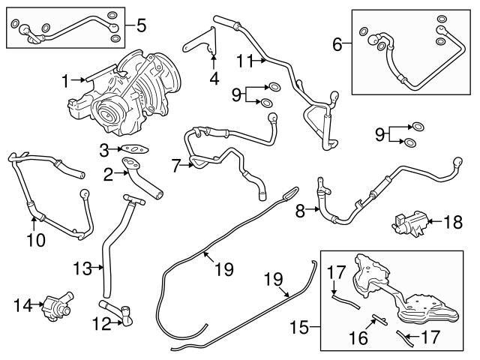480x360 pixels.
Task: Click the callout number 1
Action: point(65,79)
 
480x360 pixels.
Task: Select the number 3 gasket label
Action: point(105,150)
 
